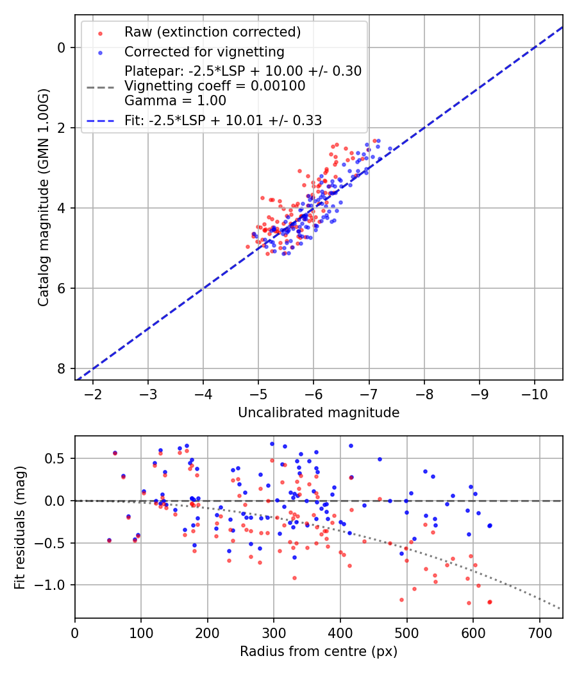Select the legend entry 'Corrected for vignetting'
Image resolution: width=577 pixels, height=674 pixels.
[204, 52]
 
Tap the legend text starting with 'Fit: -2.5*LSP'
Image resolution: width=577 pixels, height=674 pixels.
[223, 120]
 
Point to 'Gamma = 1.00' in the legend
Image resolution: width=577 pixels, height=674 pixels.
[175, 100]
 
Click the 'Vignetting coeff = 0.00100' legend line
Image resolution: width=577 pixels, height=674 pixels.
[215, 86]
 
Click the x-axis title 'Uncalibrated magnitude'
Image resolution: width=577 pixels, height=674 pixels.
[319, 413]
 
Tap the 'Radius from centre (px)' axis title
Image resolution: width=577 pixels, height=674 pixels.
[319, 652]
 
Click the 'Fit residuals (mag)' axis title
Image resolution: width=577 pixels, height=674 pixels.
[21, 527]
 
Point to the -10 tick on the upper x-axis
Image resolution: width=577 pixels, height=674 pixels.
[535, 393]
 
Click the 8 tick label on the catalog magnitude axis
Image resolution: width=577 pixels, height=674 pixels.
[61, 368]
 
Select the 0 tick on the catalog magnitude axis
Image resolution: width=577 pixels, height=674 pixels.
[61, 48]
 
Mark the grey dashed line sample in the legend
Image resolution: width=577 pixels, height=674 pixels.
[99, 86]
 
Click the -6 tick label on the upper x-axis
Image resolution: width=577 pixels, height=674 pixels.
[314, 393]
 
